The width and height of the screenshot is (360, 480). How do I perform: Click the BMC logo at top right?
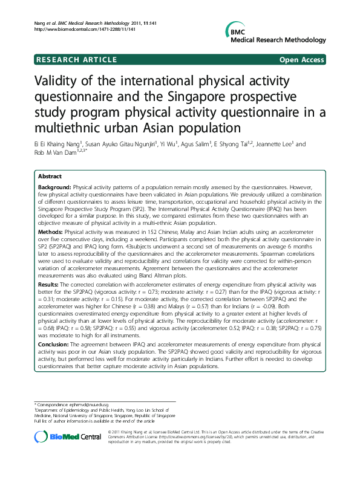point(234,31)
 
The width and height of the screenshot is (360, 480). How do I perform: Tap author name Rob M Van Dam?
point(57,152)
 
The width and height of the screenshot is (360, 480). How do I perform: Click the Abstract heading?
point(50,176)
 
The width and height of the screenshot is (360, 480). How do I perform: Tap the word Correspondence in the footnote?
point(52,403)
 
